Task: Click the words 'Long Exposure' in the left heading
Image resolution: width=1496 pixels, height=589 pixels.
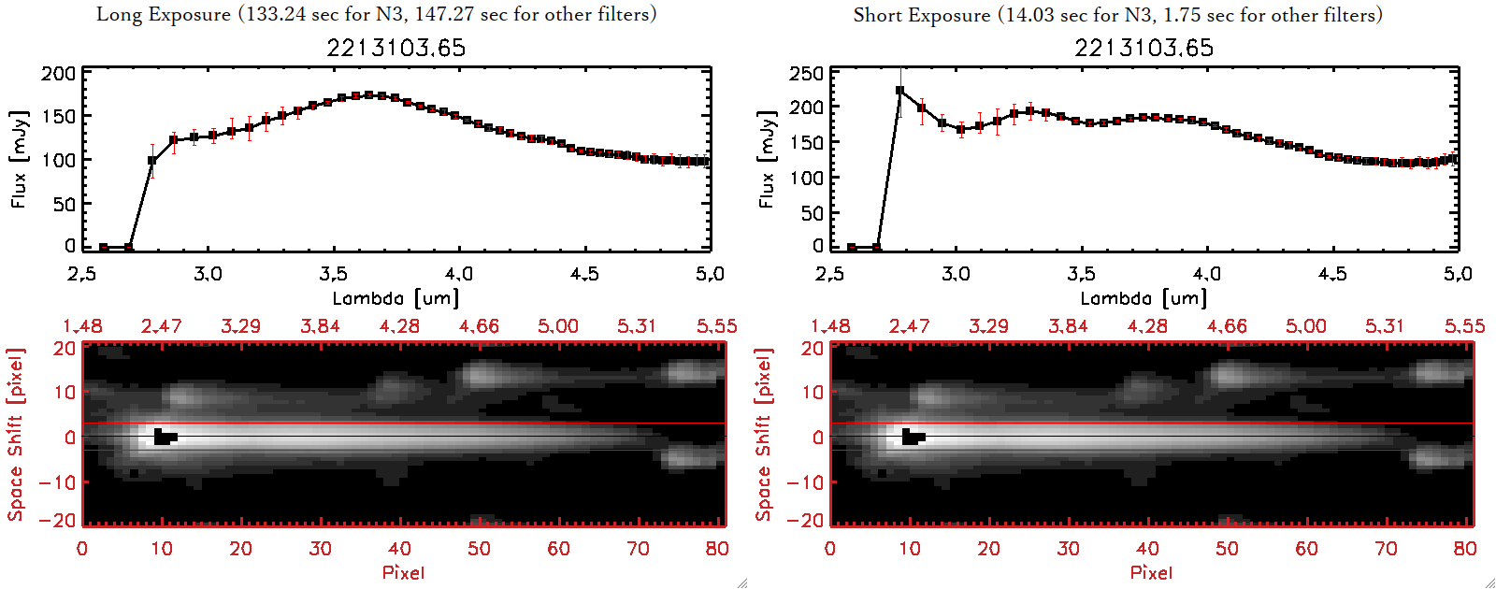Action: coord(164,14)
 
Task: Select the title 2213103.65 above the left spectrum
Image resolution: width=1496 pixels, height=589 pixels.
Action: coord(396,48)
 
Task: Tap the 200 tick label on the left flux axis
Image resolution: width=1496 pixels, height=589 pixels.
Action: coord(59,74)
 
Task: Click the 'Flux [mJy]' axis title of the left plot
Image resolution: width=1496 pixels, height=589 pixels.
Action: coord(20,159)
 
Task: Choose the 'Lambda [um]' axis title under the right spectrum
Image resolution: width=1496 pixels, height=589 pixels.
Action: coord(1144,298)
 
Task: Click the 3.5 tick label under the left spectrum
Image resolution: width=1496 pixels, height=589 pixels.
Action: coord(333,274)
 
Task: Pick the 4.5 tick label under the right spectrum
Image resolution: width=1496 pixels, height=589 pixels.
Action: coord(1332,274)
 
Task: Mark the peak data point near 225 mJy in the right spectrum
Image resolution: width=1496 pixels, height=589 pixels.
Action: coord(900,91)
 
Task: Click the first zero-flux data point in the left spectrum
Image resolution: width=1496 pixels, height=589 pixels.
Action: coord(104,248)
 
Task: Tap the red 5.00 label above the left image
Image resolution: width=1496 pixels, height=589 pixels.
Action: coord(557,326)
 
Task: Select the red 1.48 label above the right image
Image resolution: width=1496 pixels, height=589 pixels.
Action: coord(830,326)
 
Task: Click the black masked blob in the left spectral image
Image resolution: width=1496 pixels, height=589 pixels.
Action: coord(165,437)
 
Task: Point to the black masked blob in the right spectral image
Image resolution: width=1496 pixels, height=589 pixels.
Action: coord(913,437)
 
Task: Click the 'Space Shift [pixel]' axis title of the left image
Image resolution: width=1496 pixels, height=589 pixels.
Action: coord(16,435)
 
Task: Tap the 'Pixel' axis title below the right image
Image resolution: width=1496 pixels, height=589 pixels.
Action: coord(1151,572)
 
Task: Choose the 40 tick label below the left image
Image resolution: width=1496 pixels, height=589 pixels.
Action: coord(399,549)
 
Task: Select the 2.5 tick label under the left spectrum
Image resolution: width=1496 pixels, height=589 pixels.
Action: coord(82,274)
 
